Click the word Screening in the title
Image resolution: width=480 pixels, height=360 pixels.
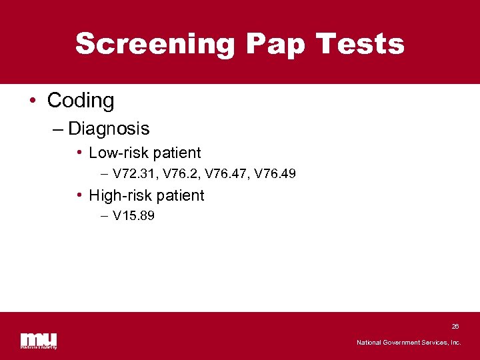tap(155, 44)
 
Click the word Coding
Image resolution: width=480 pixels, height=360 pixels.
tap(81, 101)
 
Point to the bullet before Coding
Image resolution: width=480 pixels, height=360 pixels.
tap(33, 101)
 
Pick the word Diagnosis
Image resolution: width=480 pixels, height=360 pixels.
tap(109, 128)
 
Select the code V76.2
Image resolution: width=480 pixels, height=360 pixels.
tap(181, 174)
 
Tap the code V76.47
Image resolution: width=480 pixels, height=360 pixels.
tap(227, 174)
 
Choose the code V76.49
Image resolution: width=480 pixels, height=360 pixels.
tap(275, 174)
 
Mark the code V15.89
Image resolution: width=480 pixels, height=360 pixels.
tap(133, 216)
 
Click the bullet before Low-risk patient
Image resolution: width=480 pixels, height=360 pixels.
tap(79, 153)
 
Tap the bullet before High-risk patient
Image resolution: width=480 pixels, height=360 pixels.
tap(79, 195)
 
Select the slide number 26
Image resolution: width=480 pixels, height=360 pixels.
tap(455, 327)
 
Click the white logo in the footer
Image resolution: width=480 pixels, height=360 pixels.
tap(39, 340)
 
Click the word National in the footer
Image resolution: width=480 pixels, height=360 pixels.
tap(370, 343)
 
